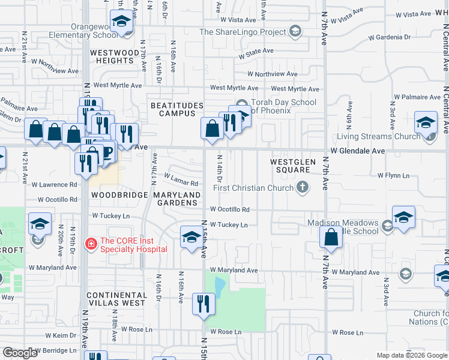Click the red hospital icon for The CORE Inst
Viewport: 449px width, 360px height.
(91, 243)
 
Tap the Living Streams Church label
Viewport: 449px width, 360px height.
(378, 136)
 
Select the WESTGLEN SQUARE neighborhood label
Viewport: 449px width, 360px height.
(290, 166)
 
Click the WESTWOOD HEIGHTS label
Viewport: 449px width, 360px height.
(115, 57)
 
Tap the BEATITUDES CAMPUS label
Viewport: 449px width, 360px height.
(173, 109)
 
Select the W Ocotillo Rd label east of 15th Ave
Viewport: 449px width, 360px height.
(229, 209)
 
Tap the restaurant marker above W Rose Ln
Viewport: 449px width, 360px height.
(203, 303)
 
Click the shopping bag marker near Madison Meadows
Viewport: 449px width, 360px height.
(331, 238)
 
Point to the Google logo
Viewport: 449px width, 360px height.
(20, 353)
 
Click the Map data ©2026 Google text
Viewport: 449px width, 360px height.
(411, 355)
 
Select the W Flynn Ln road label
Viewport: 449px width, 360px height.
(393, 175)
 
